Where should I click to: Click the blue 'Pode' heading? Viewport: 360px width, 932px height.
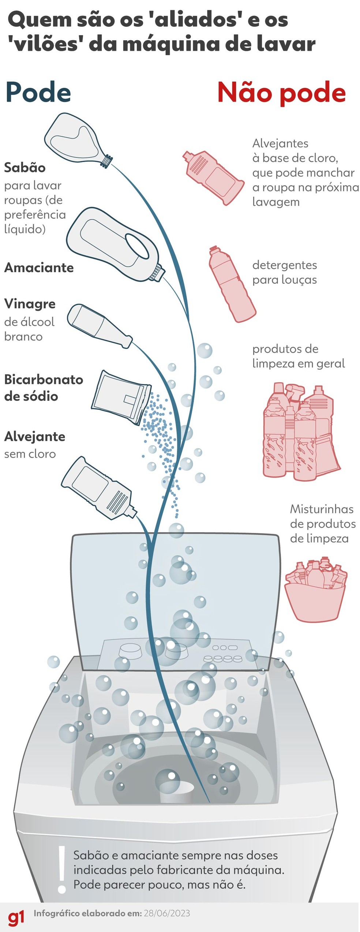38,93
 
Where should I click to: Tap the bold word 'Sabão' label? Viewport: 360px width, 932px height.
25,168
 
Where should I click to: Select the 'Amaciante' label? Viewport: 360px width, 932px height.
39,267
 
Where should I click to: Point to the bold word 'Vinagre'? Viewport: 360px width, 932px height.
30,304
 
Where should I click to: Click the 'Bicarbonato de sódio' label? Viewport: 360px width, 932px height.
43,387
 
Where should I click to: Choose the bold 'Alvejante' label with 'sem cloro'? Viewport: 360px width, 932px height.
35,436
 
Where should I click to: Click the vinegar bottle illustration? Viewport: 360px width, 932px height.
99,325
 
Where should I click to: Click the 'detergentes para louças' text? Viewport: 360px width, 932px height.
285,272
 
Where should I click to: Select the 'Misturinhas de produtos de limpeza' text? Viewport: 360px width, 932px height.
322,523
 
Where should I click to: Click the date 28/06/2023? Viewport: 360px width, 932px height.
167,913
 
